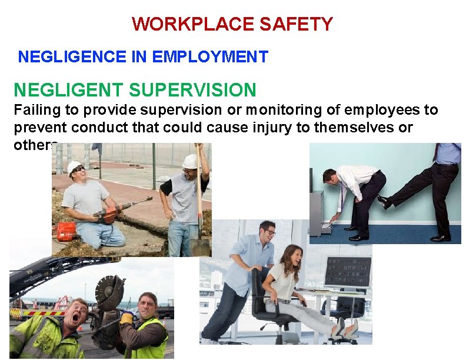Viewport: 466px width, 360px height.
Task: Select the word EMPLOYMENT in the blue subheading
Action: [x=209, y=57]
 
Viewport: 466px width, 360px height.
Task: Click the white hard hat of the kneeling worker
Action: [x=75, y=166]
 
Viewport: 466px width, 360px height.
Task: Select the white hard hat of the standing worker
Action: [x=189, y=161]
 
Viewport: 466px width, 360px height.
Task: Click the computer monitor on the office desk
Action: [x=347, y=274]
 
